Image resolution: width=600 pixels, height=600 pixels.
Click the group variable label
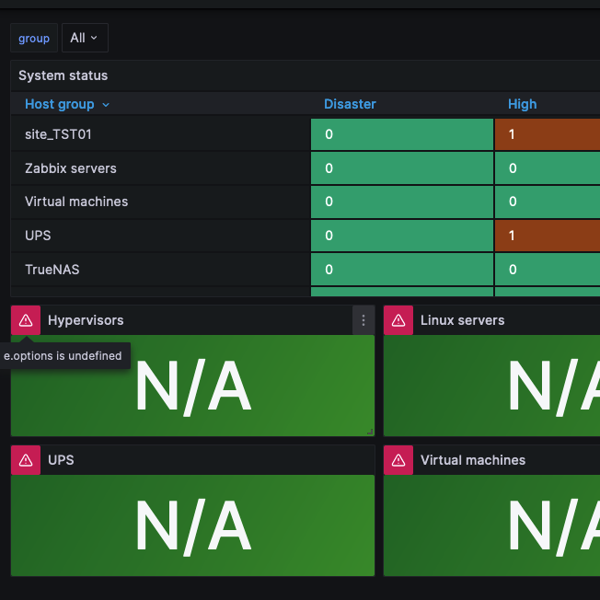34,38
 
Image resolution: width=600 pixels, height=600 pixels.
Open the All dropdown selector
84,38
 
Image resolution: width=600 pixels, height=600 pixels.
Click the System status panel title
63,75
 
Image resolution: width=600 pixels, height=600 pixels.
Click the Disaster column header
350,104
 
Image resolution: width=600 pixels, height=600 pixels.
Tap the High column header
522,104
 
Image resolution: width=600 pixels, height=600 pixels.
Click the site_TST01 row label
58,134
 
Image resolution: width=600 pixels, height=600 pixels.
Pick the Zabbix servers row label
70,168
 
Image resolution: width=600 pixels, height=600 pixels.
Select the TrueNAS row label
59,270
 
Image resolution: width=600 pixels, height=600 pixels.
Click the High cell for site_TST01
547,134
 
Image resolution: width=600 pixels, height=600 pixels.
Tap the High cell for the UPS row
547,236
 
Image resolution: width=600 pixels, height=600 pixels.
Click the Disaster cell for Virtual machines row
401,202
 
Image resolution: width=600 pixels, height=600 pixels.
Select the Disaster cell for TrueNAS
401,270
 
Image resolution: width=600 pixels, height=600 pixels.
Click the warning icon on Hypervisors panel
26,320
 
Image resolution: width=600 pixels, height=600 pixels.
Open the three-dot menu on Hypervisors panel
363,320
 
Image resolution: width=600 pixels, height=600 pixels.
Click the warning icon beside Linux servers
398,320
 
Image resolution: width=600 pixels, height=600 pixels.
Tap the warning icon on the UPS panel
26,460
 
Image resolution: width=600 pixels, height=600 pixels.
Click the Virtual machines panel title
472,460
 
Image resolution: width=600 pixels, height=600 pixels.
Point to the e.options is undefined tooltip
64,355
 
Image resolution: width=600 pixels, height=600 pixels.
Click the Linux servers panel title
462,320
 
